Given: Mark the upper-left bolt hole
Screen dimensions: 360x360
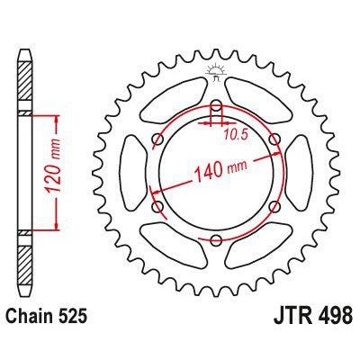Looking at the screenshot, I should [158, 138].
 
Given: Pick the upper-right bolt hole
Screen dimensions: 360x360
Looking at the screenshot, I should [275, 138].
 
